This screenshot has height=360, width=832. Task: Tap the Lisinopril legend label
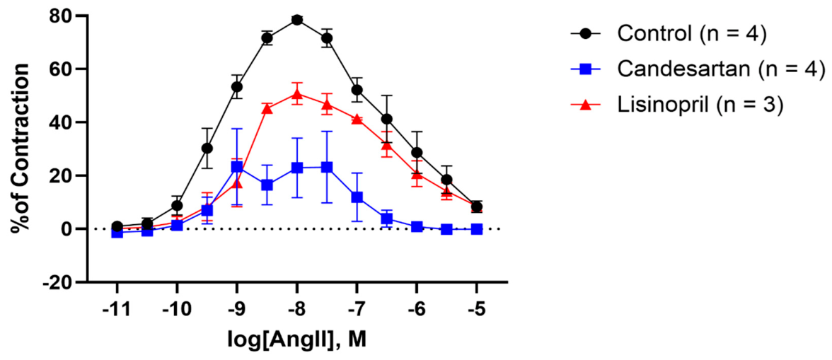coord(700,106)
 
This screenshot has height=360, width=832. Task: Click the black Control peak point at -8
coord(297,20)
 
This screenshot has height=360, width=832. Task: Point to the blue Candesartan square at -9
coord(237,167)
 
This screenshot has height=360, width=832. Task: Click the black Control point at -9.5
coord(207,148)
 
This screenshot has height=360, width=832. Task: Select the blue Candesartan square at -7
coord(357,197)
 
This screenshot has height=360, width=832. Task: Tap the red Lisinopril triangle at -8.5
coord(267,109)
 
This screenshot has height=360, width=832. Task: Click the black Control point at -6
coord(417,153)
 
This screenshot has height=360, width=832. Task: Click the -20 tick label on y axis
coord(57,282)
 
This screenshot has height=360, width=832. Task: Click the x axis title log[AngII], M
coord(298,340)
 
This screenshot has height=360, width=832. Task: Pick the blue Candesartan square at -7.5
coord(327,167)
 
